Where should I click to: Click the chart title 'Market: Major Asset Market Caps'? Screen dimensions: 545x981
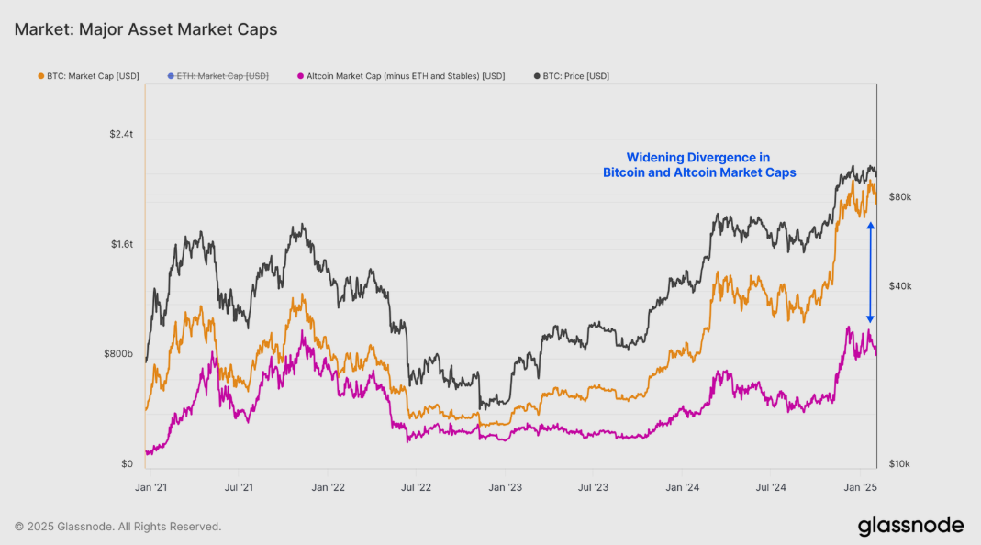coord(146,29)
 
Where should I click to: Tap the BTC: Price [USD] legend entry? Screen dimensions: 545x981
coord(575,76)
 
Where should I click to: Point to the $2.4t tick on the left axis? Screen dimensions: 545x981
coord(121,135)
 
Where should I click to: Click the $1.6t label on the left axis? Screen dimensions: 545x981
coord(121,245)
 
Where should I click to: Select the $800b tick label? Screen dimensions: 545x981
coord(119,354)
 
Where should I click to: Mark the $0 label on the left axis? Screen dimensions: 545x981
coord(127,464)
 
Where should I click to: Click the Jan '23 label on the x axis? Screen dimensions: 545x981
coord(505,487)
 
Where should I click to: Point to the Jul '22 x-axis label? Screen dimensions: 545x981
coord(416,487)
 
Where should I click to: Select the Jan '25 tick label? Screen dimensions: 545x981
coord(860,487)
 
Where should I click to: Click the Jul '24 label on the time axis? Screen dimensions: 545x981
coord(772,487)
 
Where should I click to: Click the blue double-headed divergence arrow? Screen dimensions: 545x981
coord(870,272)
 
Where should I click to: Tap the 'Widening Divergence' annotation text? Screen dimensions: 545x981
coord(699,165)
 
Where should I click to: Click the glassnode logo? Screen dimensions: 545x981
coord(910,526)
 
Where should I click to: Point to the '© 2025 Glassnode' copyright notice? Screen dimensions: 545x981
coord(117,527)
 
